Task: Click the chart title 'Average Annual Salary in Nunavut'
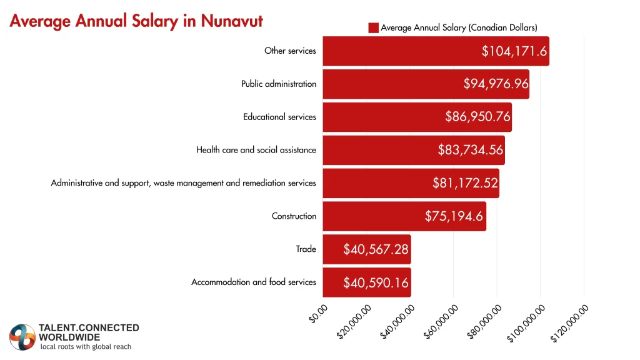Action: tap(136, 21)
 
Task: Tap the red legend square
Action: tap(373, 27)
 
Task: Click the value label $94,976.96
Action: tap(496, 84)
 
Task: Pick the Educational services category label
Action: tap(279, 117)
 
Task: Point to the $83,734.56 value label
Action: tap(471, 150)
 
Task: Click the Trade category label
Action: tap(306, 249)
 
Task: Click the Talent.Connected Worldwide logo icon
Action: tap(22, 337)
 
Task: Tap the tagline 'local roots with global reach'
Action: tap(86, 346)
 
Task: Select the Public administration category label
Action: tap(279, 84)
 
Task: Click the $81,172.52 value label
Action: tap(465, 183)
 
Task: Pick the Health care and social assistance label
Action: tap(256, 150)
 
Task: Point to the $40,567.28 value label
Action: tap(376, 249)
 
